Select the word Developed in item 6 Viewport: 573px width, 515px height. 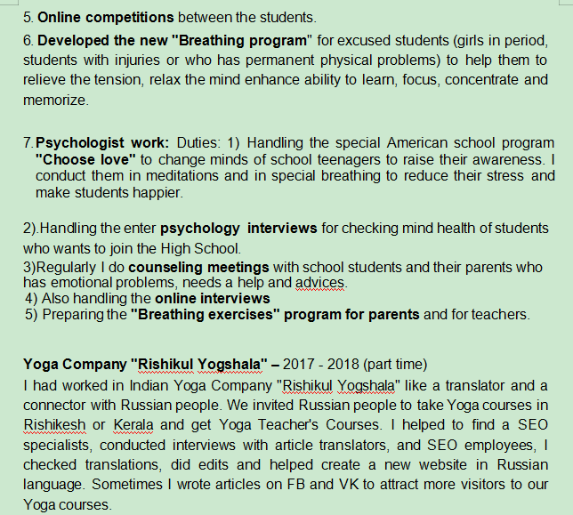click(75, 41)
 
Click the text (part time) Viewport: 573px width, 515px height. click(391, 364)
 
